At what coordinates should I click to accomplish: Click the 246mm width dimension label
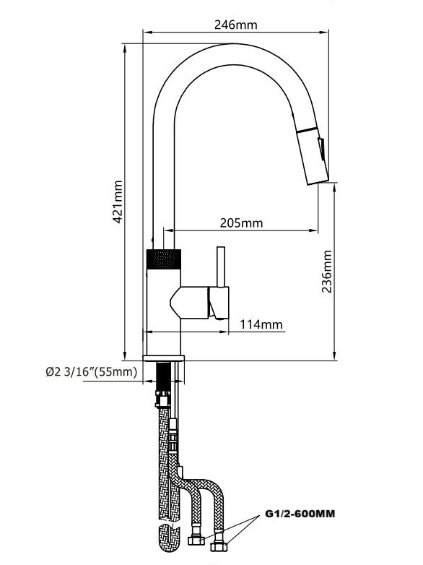[x=235, y=24]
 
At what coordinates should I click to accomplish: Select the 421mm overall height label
[x=117, y=204]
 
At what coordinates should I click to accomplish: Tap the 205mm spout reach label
[x=241, y=223]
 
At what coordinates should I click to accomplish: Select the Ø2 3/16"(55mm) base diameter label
[x=90, y=372]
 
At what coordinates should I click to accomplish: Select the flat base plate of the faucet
[x=164, y=358]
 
